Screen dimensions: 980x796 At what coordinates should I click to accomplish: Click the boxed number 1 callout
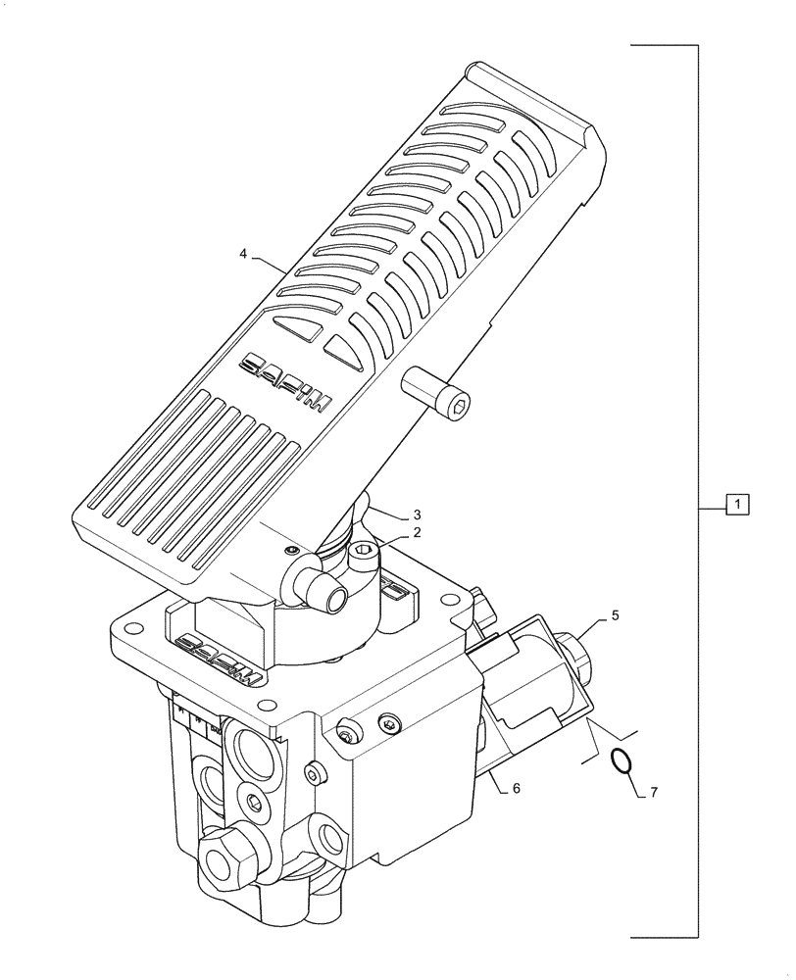[737, 506]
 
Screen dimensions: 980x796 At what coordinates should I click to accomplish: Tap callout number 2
[417, 533]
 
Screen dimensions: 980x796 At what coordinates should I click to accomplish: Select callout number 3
[417, 514]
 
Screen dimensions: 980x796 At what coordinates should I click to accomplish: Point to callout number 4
[243, 255]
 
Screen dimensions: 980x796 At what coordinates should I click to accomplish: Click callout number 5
[615, 615]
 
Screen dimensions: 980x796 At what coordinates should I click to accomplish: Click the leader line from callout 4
[270, 261]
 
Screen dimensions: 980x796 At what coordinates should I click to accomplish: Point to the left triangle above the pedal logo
[297, 328]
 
